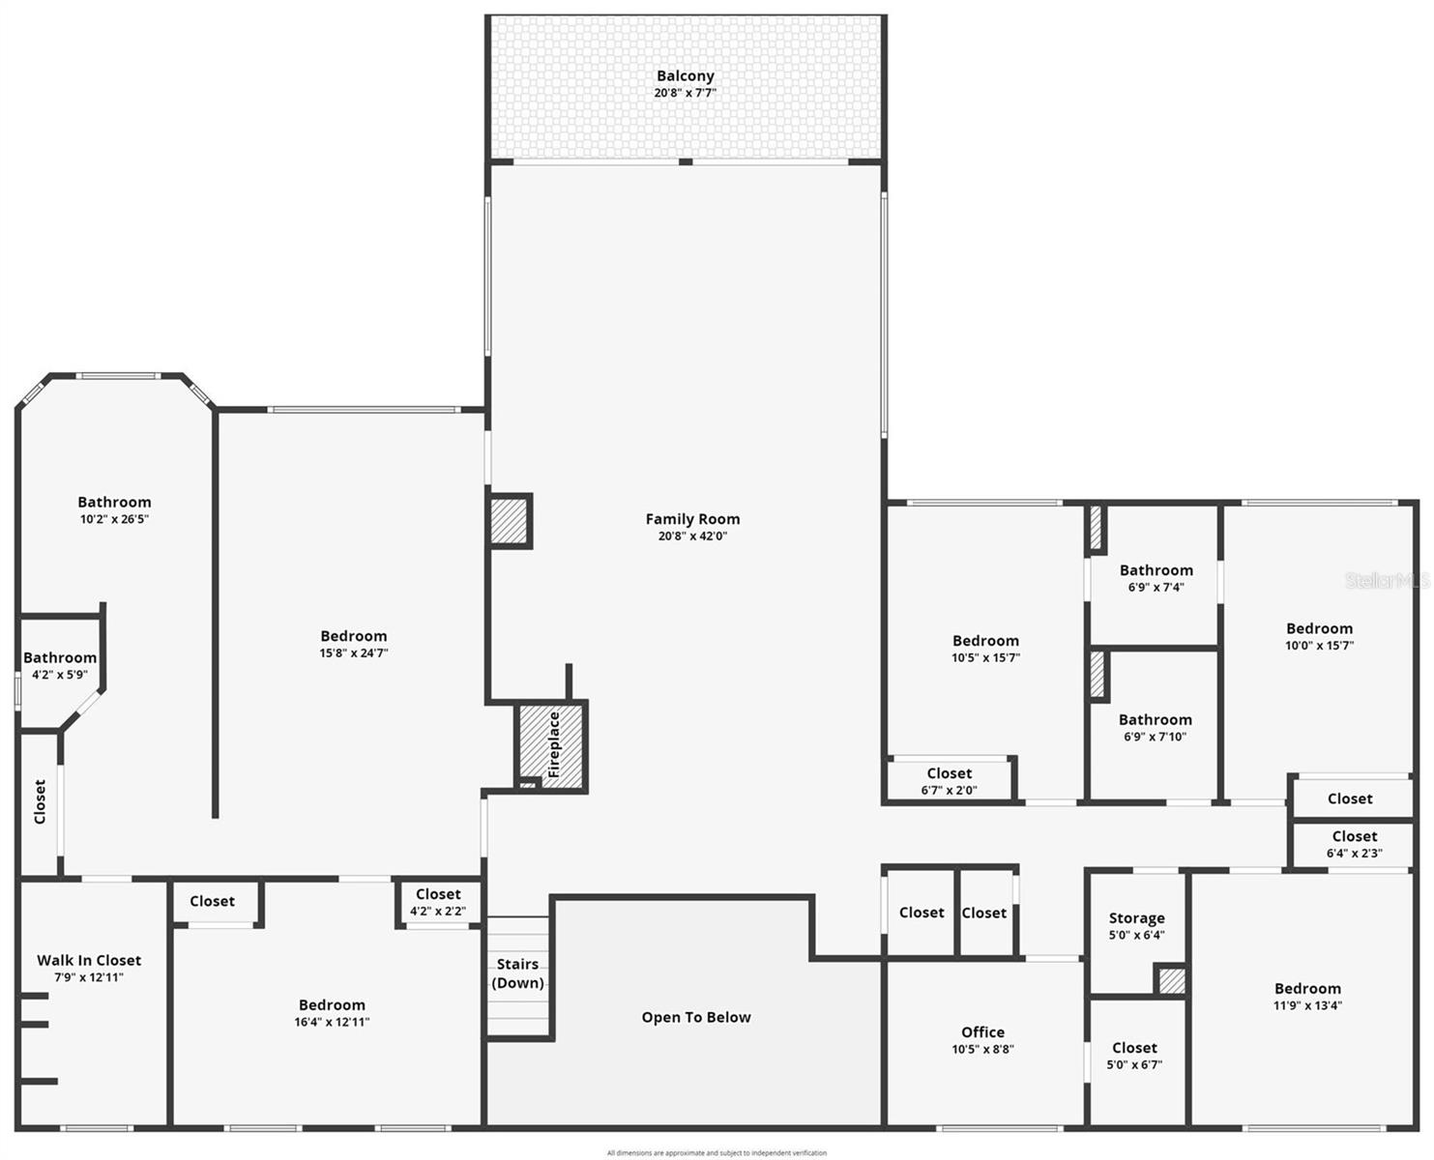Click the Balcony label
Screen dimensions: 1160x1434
click(x=685, y=76)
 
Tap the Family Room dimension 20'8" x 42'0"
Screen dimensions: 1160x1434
click(x=692, y=536)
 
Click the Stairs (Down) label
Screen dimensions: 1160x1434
click(x=517, y=973)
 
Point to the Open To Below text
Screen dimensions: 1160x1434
click(x=696, y=1017)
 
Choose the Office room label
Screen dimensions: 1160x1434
click(x=982, y=1032)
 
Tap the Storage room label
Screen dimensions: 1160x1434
click(x=1136, y=918)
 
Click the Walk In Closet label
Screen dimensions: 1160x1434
click(x=89, y=960)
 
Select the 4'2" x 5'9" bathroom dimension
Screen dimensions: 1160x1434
click(x=60, y=675)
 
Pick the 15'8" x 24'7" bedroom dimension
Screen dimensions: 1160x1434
click(x=354, y=652)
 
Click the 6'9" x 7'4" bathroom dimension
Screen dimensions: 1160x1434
click(x=1156, y=587)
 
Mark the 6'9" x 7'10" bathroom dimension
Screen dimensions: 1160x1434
click(x=1155, y=737)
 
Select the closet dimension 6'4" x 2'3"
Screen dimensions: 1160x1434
click(x=1354, y=853)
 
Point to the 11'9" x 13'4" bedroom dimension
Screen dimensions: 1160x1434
click(x=1307, y=1005)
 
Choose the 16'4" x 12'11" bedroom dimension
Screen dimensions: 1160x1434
click(x=332, y=1022)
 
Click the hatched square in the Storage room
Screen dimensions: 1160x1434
click(x=1171, y=981)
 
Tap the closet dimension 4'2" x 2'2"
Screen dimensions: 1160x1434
click(x=438, y=911)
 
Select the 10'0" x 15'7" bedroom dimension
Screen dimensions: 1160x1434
click(x=1319, y=645)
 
